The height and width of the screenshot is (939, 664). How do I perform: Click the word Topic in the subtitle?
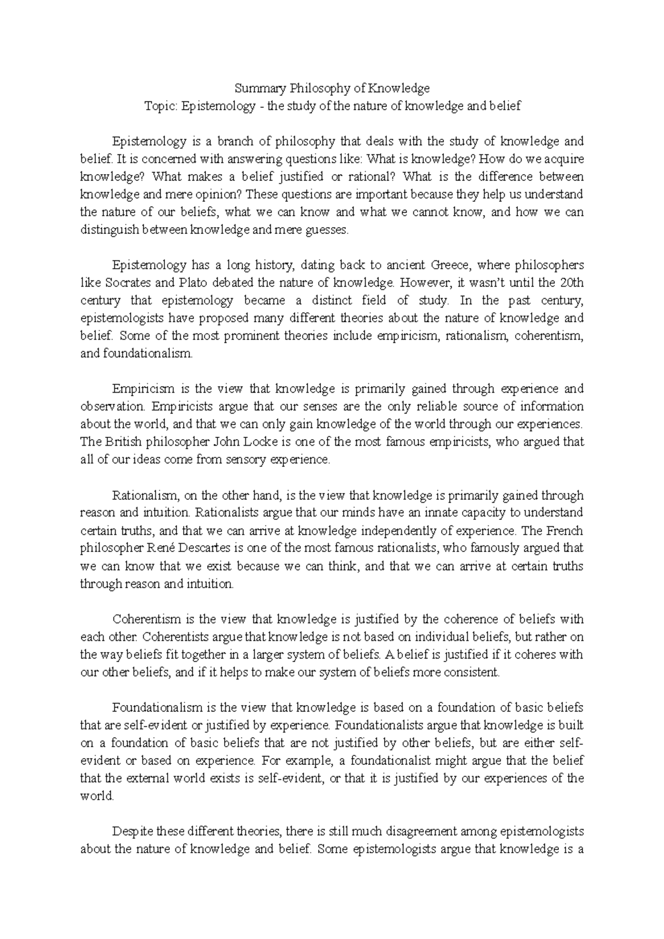pos(159,106)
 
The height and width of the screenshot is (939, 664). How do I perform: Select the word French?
pos(564,531)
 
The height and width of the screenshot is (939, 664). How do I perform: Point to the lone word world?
pos(96,796)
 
